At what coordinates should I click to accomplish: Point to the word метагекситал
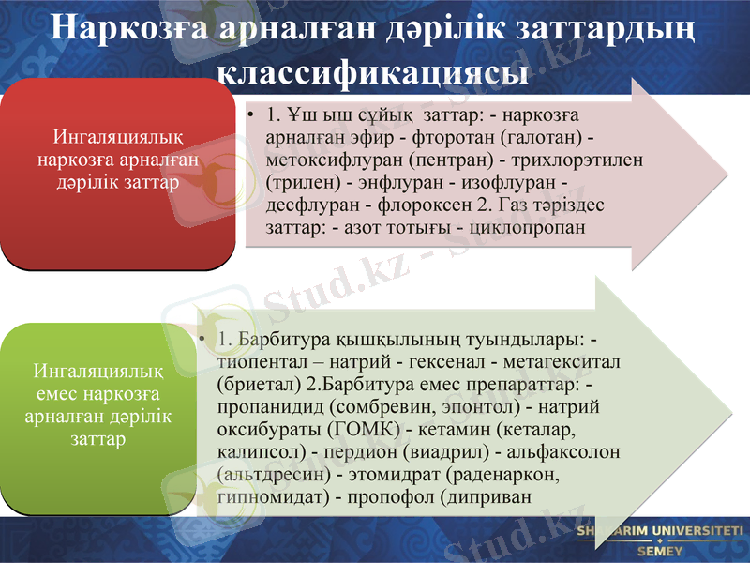click(x=565, y=360)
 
